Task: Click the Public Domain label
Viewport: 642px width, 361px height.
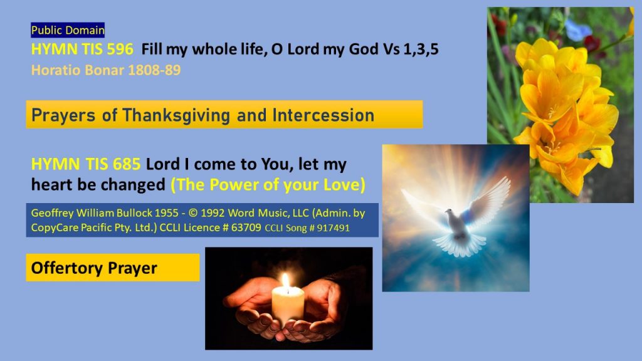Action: coord(68,30)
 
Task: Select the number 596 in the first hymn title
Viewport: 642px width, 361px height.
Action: coord(120,49)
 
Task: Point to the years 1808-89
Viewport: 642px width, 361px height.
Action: coord(154,70)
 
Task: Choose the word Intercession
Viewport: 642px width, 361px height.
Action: coord(323,115)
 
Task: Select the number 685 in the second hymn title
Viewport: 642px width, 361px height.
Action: coord(127,164)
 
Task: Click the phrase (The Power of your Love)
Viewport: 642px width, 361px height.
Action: coord(268,185)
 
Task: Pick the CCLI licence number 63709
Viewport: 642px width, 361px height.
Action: coord(246,228)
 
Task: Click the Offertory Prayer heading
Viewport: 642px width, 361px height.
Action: coord(94,268)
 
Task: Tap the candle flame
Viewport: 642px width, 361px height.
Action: coord(286,281)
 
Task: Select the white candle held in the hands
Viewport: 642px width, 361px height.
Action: coord(288,306)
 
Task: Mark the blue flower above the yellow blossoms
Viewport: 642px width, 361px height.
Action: coord(578,29)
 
